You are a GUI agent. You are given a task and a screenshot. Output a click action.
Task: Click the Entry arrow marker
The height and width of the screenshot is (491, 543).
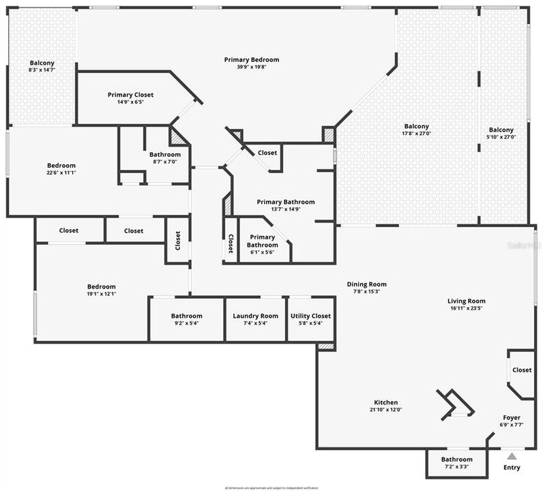pos(511,456)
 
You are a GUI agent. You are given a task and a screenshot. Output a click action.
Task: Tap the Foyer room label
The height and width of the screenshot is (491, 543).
pos(512,417)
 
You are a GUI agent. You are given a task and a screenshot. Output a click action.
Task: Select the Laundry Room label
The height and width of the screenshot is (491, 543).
pos(255,316)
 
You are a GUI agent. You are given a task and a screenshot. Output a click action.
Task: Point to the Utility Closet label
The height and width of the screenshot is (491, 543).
pos(310,316)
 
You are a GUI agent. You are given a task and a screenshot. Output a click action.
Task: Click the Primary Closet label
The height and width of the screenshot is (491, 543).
pos(130,95)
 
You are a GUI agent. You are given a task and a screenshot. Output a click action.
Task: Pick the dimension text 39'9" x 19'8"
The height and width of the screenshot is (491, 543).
pos(252,67)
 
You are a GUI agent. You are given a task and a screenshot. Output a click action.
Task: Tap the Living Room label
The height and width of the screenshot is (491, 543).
pos(467,301)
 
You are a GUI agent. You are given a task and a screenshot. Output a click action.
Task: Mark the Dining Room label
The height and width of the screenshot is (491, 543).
pos(367,284)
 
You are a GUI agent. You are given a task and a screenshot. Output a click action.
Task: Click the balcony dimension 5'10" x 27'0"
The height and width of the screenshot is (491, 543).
pos(501,137)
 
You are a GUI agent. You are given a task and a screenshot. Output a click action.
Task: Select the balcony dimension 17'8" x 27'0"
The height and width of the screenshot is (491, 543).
pos(417,134)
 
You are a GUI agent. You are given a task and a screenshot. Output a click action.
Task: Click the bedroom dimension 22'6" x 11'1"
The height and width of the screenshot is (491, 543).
pos(61,173)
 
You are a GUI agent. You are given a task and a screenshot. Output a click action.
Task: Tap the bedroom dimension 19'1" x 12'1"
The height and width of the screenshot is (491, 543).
pos(101,294)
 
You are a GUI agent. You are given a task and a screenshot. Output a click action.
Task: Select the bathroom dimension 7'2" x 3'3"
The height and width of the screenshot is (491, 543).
pos(456,467)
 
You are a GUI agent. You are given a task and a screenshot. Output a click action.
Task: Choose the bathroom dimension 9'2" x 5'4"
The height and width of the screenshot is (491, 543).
pos(187,323)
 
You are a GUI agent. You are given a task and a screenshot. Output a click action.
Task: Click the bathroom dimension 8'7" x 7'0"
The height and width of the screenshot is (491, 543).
pos(165,162)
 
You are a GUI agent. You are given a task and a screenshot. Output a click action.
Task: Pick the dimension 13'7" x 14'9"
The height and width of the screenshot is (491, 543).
pos(286,209)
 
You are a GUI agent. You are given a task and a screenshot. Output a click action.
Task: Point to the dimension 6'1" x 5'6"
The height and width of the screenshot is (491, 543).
pos(262,252)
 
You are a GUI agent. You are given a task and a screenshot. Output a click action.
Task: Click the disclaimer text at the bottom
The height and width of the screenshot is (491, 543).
pos(271,488)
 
